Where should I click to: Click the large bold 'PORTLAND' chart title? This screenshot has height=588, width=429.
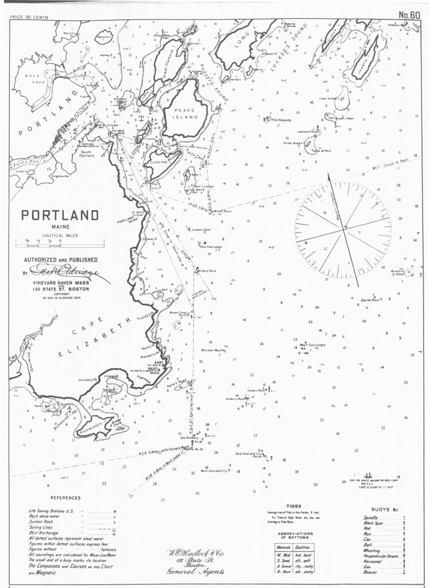(x=60, y=216)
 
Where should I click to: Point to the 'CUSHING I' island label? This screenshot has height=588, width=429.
(x=162, y=162)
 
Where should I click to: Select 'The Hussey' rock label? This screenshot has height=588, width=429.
(x=281, y=120)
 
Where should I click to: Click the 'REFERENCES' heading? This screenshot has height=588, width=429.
(x=65, y=498)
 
